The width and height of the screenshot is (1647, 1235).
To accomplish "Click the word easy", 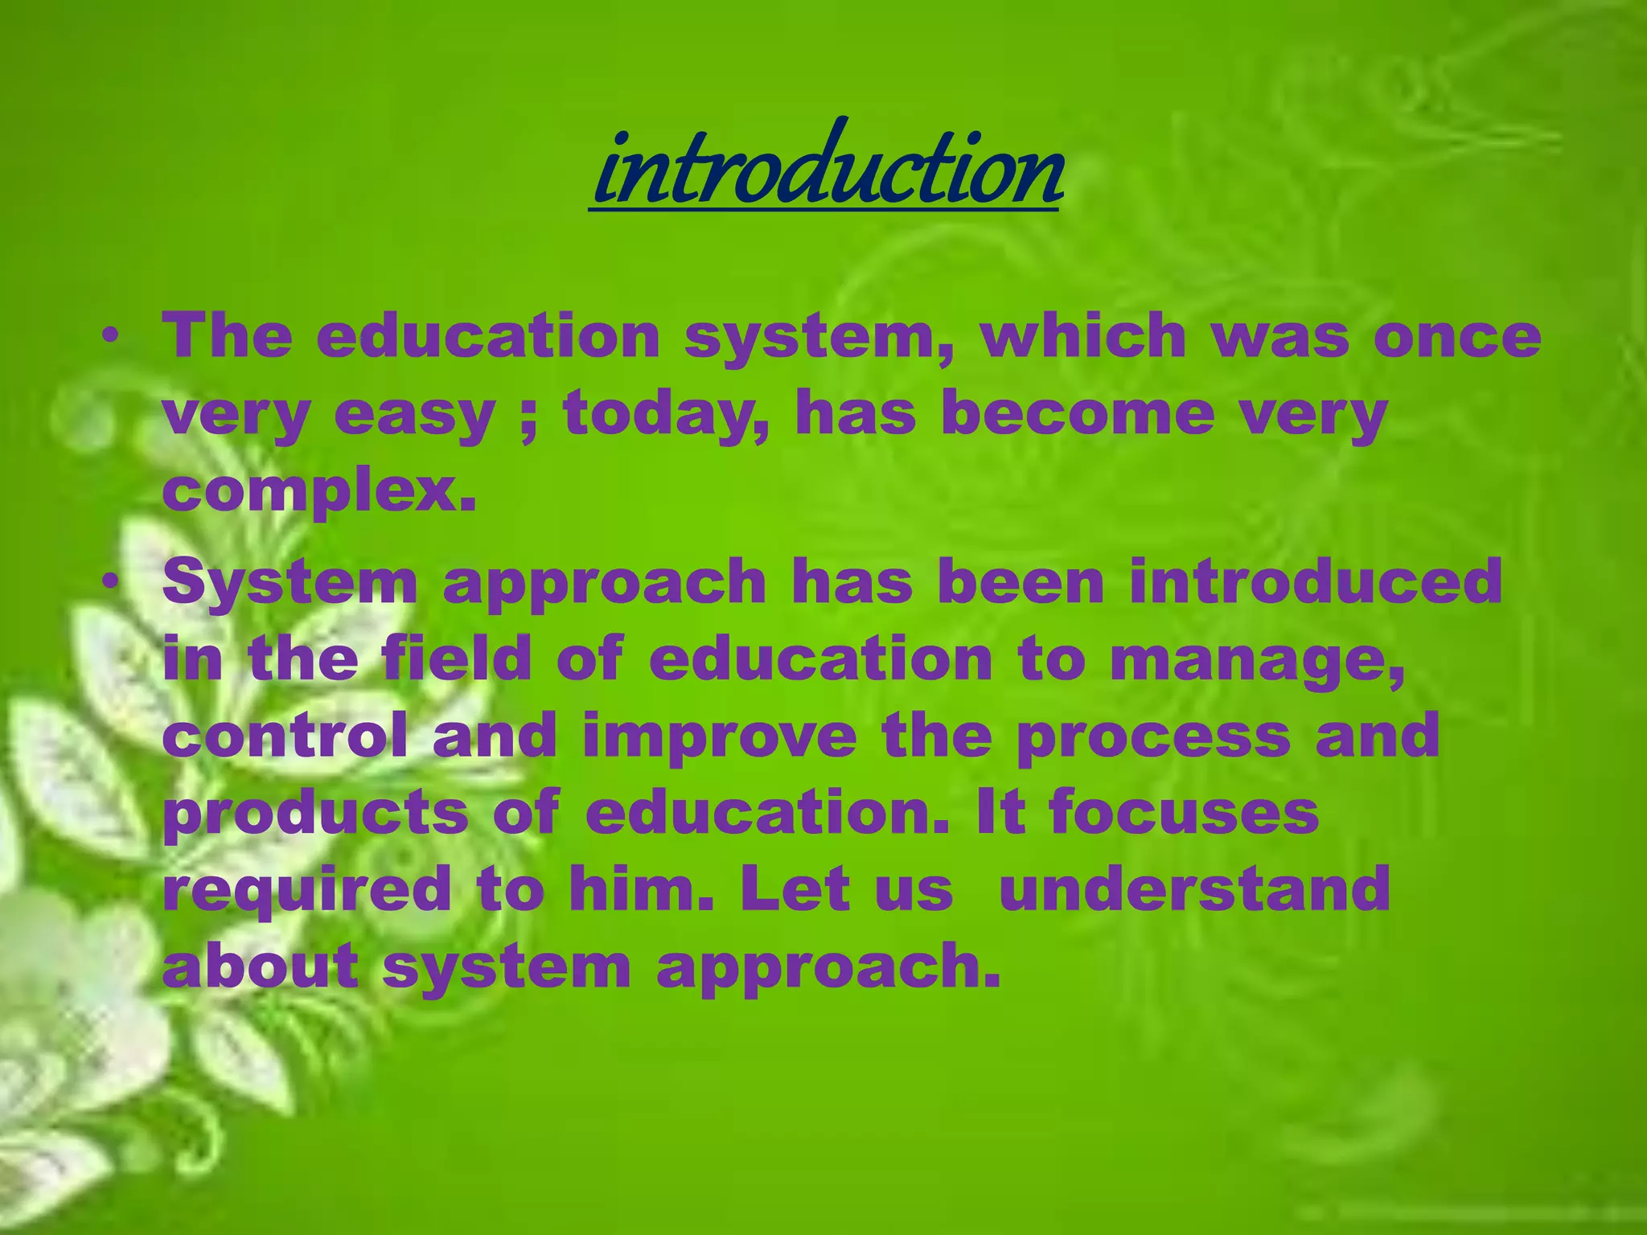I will [x=414, y=415].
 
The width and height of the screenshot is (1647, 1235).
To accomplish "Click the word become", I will [x=1078, y=413].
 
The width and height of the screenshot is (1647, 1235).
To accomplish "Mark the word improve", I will [x=720, y=736].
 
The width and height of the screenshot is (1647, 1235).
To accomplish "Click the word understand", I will [x=1194, y=888].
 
